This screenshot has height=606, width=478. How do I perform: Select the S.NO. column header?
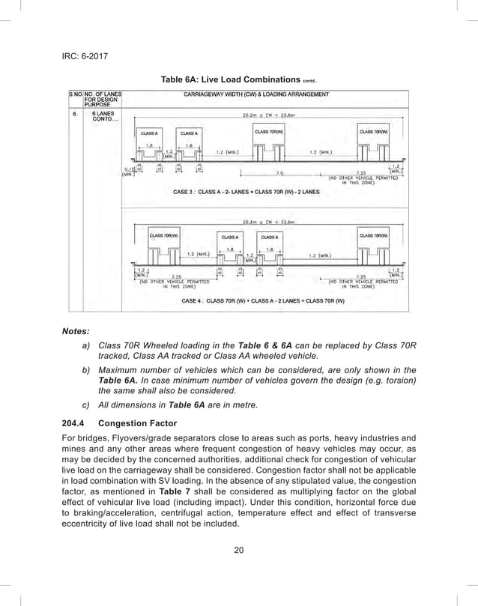coord(75,94)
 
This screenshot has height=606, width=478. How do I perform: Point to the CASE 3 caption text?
coord(246,192)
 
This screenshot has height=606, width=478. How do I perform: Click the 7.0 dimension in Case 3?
coord(279,173)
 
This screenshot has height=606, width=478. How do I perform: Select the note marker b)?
coord(87,369)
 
